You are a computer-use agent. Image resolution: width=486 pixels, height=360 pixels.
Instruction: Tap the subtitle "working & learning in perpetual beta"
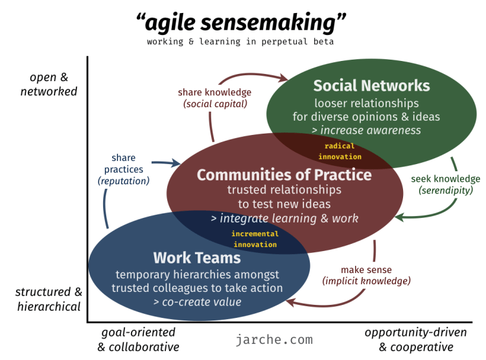click(241, 42)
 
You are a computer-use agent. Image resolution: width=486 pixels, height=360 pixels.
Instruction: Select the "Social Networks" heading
click(371, 86)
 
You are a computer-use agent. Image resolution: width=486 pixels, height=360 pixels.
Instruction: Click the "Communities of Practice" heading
click(284, 175)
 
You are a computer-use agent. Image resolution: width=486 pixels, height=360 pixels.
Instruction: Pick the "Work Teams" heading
click(197, 258)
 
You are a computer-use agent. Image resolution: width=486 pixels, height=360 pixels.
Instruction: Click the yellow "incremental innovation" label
click(255, 239)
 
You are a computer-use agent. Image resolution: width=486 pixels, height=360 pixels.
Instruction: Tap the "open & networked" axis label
click(49, 85)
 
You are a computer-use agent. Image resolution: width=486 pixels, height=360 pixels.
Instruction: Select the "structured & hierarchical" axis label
click(49, 299)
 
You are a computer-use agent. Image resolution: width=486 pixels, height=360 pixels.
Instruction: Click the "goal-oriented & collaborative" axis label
click(138, 339)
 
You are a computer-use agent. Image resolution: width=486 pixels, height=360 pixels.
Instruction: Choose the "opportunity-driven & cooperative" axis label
click(415, 339)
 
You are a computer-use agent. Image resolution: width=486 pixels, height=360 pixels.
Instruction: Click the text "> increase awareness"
click(366, 130)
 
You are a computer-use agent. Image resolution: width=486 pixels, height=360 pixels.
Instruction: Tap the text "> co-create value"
click(197, 302)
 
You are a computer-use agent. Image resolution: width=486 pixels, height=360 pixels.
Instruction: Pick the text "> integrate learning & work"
click(284, 219)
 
